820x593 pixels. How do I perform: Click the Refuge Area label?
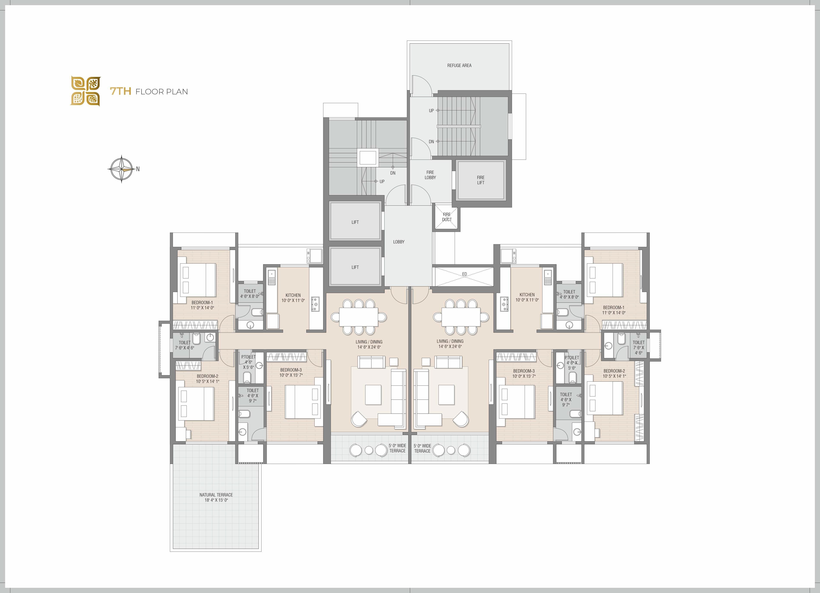pos(459,65)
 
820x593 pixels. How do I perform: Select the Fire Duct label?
pos(447,217)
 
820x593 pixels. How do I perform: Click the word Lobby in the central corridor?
pos(399,242)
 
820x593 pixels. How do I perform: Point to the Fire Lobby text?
pos(430,175)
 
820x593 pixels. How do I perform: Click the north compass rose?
pos(122,169)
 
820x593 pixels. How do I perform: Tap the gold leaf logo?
pos(86,91)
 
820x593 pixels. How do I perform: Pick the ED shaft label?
pos(465,274)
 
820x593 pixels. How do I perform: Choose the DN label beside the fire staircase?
pos(431,142)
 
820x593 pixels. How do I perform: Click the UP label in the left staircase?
pos(382,181)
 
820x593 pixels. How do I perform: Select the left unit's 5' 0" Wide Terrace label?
pos(397,448)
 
